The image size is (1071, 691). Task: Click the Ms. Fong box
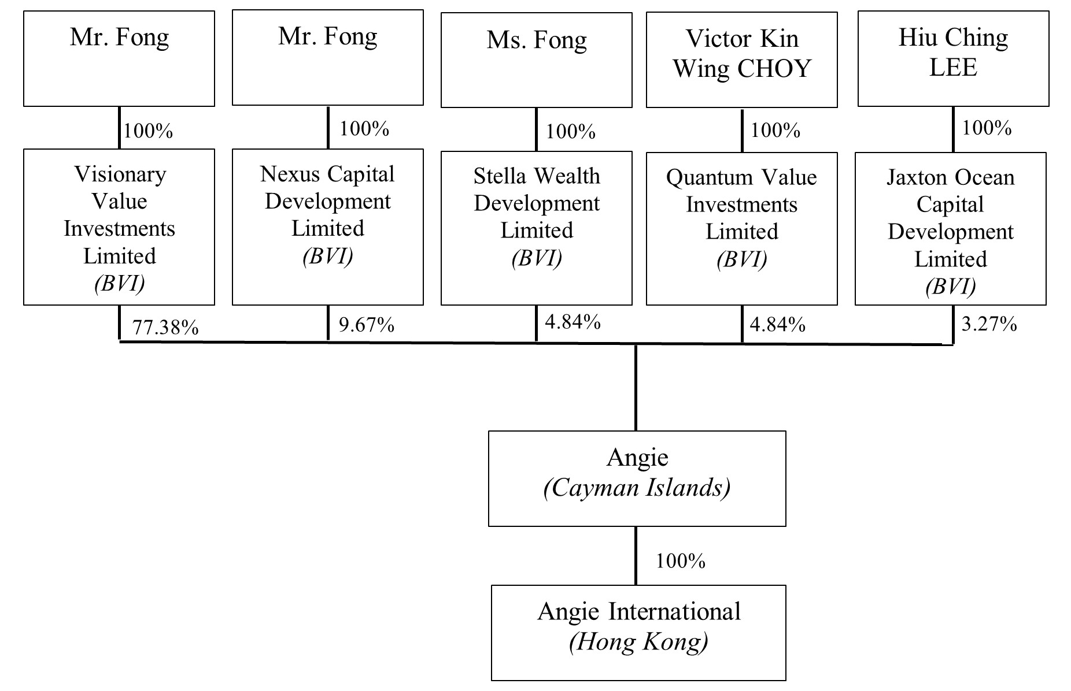(536, 60)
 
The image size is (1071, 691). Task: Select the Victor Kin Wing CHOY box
(741, 60)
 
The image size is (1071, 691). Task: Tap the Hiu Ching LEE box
(953, 58)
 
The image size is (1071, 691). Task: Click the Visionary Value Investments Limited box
(119, 227)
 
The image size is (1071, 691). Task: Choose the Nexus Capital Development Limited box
(327, 226)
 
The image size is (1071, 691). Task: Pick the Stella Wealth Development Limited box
(536, 228)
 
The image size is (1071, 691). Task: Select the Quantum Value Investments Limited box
(741, 229)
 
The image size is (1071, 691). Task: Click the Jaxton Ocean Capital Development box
(950, 229)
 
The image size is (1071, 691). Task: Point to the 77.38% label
(165, 328)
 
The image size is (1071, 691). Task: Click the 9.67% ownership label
(366, 325)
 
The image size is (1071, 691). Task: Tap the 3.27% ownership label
(989, 324)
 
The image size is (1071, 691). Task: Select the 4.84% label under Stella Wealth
(573, 322)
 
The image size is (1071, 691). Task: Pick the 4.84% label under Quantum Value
(777, 325)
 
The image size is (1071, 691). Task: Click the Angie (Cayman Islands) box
(637, 478)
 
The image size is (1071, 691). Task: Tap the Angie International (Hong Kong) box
(638, 633)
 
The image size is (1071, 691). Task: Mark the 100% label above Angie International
(680, 561)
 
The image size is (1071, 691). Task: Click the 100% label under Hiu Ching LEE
(987, 128)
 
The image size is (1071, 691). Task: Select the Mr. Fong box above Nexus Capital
(327, 57)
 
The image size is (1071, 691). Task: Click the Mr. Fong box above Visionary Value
(119, 58)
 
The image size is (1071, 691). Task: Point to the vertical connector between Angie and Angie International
(636, 555)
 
